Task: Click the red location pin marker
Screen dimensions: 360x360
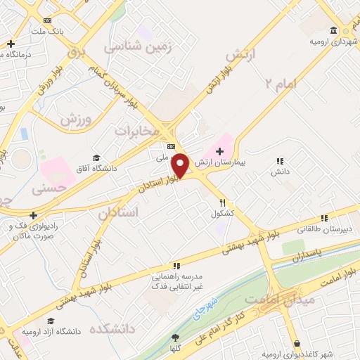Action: tap(181, 165)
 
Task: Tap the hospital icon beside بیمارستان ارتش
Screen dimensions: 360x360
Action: tap(219, 151)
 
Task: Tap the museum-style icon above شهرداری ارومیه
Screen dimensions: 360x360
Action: tap(333, 30)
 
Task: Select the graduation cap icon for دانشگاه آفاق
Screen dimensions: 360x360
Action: tap(96, 157)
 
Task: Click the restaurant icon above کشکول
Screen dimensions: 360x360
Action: tap(222, 202)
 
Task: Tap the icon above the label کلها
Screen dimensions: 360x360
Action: tap(174, 338)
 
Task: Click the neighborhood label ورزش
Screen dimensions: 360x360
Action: tap(76, 119)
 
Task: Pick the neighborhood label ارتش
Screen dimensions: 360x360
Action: tap(242, 55)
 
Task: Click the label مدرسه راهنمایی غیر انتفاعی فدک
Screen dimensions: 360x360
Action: tap(176, 282)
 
